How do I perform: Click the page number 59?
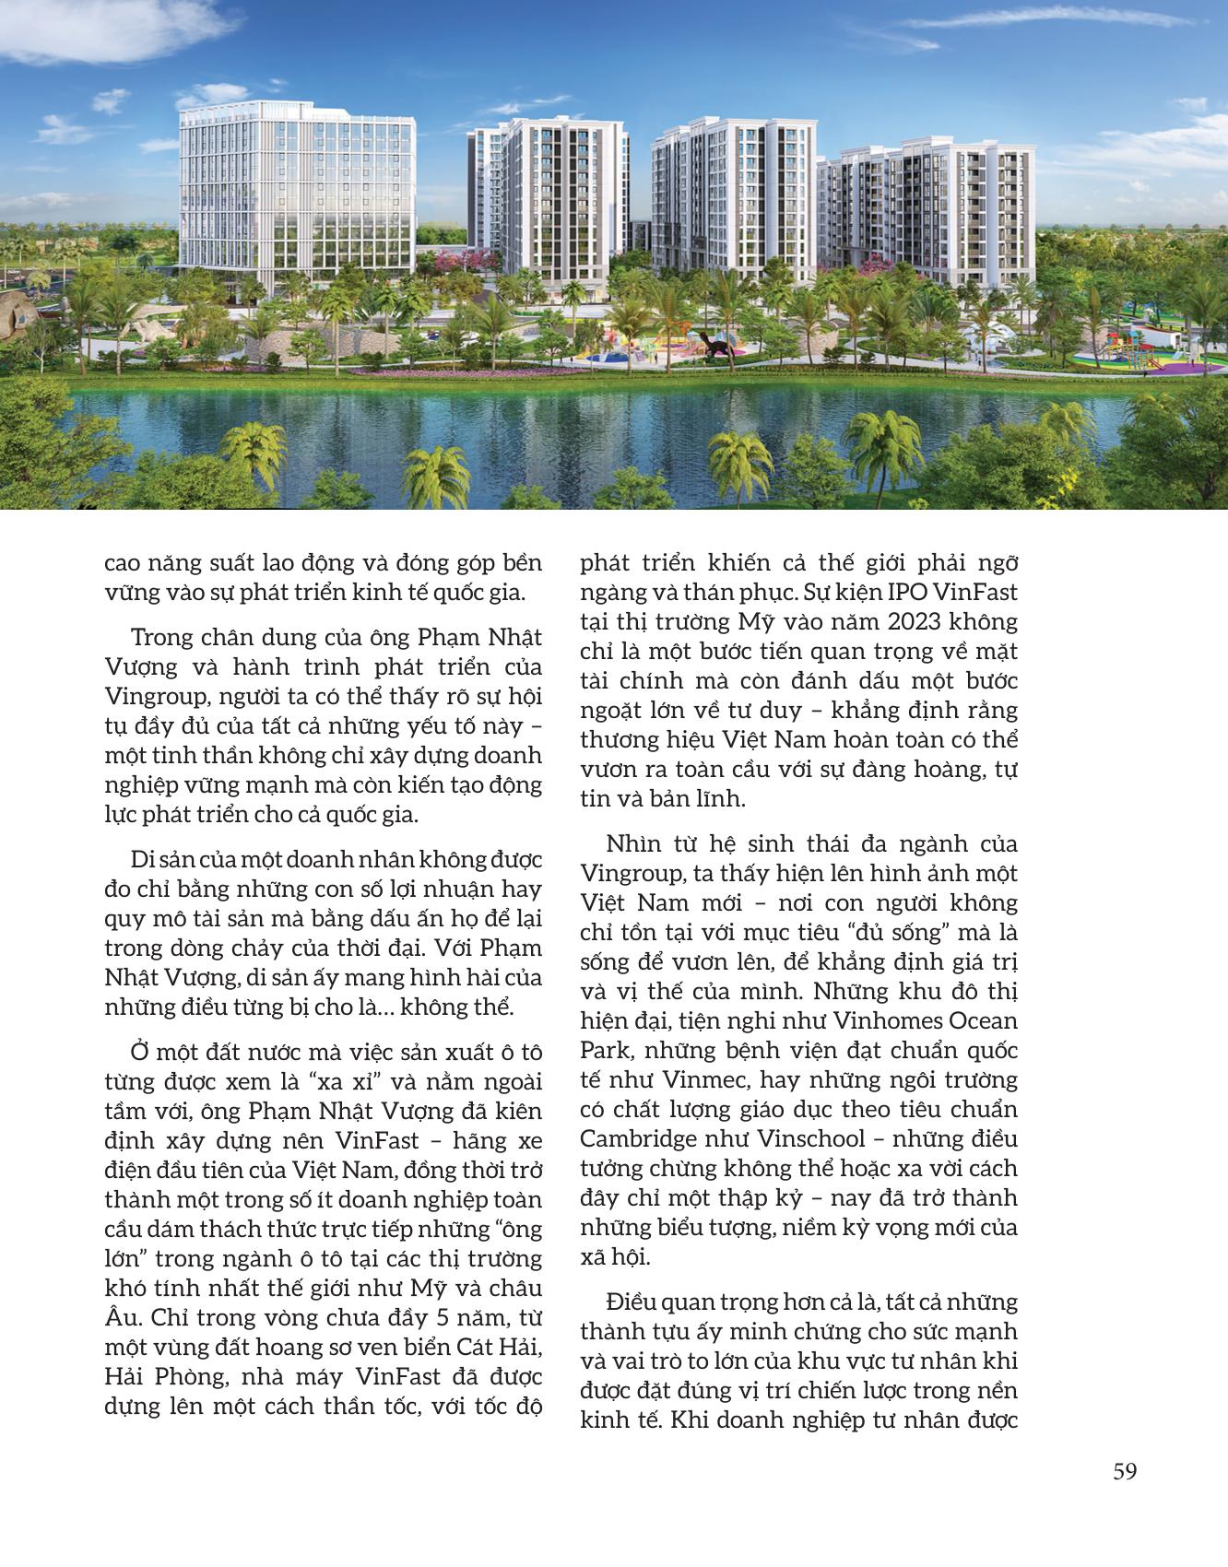[1125, 1472]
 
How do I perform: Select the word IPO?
[910, 592]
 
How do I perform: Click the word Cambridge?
[638, 1139]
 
